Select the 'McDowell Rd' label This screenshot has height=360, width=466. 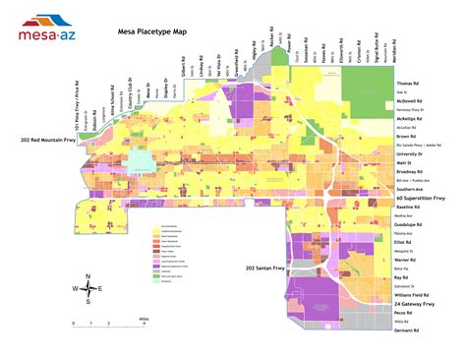[412, 101]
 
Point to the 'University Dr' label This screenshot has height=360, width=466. [413, 153]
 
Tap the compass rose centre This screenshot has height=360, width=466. [87, 288]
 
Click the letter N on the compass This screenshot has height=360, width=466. [87, 275]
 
